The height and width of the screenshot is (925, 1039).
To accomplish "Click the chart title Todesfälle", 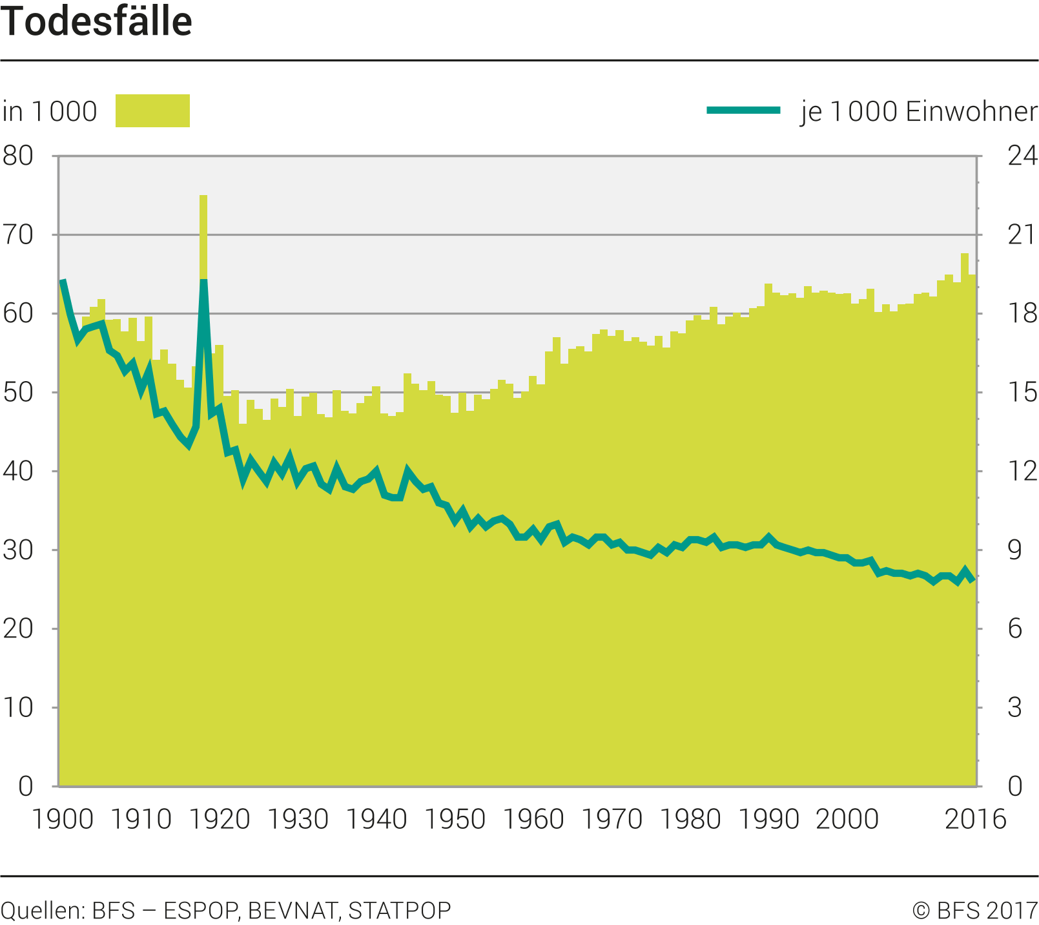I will pyautogui.click(x=97, y=22).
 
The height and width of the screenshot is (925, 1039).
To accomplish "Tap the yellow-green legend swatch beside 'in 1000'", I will pyautogui.click(x=152, y=110).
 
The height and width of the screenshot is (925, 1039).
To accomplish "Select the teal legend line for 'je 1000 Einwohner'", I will pyautogui.click(x=743, y=110).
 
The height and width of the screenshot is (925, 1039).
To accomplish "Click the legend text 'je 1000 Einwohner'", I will pyautogui.click(x=919, y=111).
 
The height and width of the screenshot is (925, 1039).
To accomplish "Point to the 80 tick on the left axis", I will pyautogui.click(x=18, y=156).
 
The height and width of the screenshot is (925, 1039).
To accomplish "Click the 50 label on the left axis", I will pyautogui.click(x=18, y=393).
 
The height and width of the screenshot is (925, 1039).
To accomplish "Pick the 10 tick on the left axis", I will pyautogui.click(x=18, y=708).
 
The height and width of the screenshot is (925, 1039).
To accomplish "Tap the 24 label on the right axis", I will pyautogui.click(x=1022, y=156).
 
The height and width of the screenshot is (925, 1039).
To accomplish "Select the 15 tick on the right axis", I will pyautogui.click(x=1022, y=393).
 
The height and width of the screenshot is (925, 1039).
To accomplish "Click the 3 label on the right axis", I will pyautogui.click(x=1015, y=708).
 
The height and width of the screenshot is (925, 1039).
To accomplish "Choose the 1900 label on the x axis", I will pyautogui.click(x=63, y=819).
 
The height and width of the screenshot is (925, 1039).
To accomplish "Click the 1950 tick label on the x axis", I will pyautogui.click(x=455, y=819).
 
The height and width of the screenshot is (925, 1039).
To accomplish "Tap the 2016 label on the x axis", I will pyautogui.click(x=975, y=819).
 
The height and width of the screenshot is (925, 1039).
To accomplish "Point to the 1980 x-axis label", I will pyautogui.click(x=691, y=819).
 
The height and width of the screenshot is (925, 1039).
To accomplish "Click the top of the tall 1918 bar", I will pyautogui.click(x=203, y=196).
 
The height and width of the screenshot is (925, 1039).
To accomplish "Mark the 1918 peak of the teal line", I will pyautogui.click(x=203, y=280).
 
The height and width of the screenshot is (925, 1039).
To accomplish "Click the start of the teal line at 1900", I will pyautogui.click(x=63, y=281).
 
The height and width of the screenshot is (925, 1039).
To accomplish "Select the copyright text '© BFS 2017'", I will pyautogui.click(x=974, y=910).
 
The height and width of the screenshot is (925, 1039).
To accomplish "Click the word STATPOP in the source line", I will pyautogui.click(x=400, y=910).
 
